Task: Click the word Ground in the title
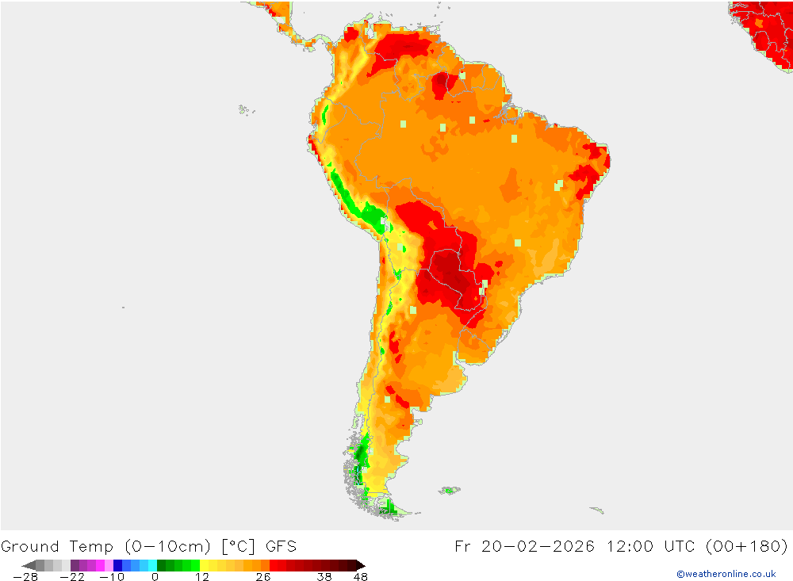point(30,546)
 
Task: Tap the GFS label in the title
point(281,546)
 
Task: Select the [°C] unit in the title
point(236,546)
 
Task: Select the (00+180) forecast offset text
point(749,546)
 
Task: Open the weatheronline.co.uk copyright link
point(726,574)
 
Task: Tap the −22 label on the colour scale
point(72,577)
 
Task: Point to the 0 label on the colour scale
point(155,577)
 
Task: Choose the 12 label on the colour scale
point(202,577)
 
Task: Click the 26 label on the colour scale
point(262,577)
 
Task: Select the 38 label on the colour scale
point(324,577)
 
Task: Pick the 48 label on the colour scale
point(360,577)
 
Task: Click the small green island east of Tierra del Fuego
point(450,491)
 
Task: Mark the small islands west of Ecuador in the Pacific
point(244,109)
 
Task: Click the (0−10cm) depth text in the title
point(167,546)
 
